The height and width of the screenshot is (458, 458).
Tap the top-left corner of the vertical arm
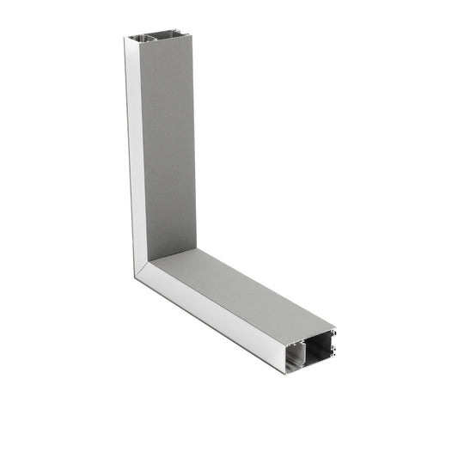point(125,39)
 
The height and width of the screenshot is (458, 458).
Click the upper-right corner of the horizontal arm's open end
point(335,327)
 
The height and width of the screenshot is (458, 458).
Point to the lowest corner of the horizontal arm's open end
point(285,372)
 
